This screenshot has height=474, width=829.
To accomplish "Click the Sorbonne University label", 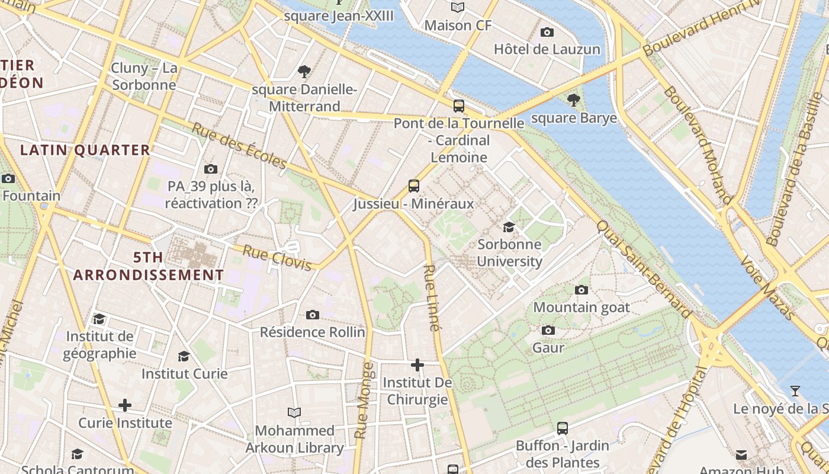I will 509,253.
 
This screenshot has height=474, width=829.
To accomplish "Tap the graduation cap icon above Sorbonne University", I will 509,227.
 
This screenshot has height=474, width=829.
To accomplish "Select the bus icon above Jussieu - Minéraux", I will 414,186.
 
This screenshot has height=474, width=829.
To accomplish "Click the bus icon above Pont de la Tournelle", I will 459,106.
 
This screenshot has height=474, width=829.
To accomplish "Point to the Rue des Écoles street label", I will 239,146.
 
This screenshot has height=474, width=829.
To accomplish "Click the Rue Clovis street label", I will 277,258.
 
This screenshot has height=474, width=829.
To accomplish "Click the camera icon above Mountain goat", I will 581,290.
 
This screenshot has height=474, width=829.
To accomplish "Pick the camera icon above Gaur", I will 548,330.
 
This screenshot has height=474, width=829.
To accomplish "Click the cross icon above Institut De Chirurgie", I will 417,365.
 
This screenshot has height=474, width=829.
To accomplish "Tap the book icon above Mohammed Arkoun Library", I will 294,412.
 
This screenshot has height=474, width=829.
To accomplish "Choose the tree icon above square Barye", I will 573,100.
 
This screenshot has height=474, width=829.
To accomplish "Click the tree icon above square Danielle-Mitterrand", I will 304,72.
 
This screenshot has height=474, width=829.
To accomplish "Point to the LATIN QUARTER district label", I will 85,150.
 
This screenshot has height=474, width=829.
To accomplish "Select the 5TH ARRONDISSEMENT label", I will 148,267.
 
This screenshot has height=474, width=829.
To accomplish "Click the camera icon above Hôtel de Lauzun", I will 547,32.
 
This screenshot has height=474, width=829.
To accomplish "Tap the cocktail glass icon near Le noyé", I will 795,391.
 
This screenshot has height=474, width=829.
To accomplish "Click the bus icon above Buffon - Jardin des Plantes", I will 563,428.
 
